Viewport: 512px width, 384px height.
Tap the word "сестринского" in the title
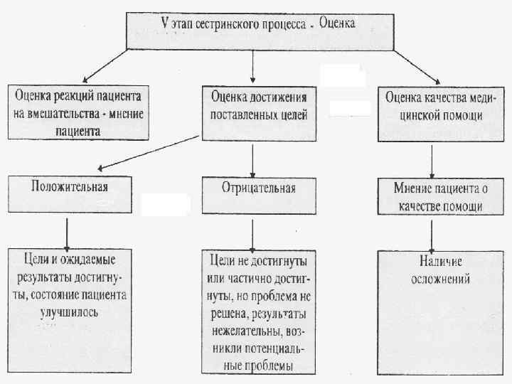point(228,23)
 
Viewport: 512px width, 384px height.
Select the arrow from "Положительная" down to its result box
point(66,230)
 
